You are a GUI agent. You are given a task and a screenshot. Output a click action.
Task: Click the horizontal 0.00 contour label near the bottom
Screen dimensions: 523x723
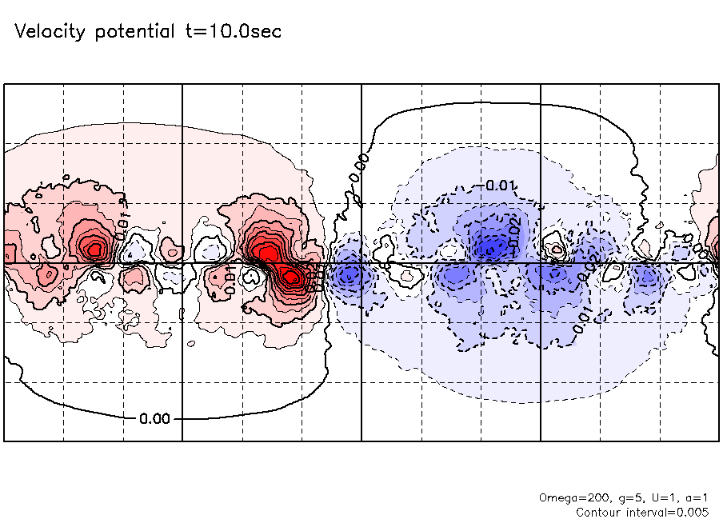click(154, 418)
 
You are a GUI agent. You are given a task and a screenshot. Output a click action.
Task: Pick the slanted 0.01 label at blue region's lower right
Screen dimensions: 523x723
click(584, 316)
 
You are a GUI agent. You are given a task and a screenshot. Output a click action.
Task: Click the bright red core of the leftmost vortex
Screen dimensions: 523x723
click(94, 249)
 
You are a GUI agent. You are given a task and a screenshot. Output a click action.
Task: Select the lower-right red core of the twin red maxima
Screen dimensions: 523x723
click(292, 277)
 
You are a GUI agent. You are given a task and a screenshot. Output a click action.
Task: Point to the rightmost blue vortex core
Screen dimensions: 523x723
click(648, 277)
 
